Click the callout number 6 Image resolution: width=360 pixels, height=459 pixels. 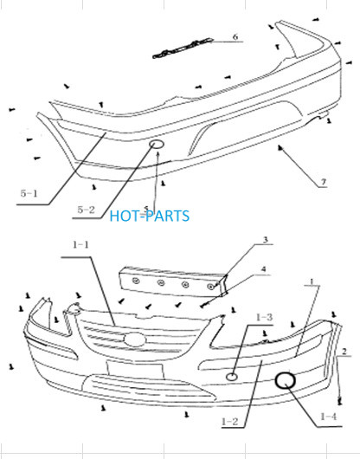click(235, 37)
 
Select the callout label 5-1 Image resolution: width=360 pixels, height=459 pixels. click(29, 193)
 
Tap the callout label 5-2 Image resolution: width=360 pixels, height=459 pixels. click(86, 210)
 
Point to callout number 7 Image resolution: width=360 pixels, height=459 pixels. click(323, 182)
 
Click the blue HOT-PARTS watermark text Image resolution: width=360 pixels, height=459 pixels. click(150, 216)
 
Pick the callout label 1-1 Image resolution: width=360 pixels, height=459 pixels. click(80, 245)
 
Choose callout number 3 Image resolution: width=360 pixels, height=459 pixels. click(266, 240)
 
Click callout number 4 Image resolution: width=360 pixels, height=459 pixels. click(263, 269)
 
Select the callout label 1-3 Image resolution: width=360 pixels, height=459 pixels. click(264, 317)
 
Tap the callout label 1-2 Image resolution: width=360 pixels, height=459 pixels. click(230, 422)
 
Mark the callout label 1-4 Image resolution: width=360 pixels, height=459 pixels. click(329, 417)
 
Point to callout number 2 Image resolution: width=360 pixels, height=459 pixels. click(344, 352)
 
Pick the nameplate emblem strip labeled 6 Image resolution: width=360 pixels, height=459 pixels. click(183, 48)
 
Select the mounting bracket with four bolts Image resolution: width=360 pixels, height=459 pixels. click(173, 281)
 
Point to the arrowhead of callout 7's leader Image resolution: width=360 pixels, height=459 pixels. click(280, 147)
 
